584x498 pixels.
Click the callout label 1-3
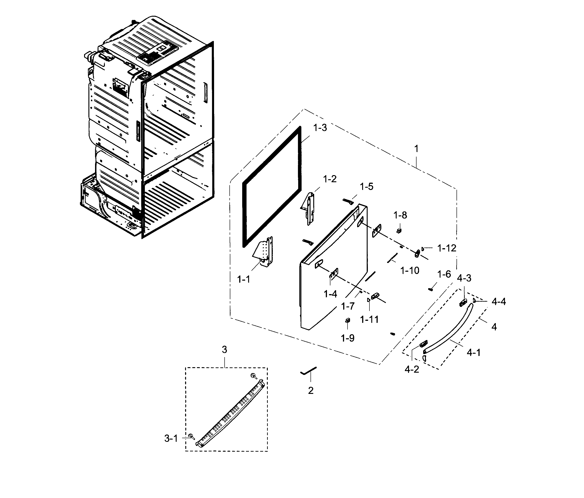pyautogui.click(x=320, y=128)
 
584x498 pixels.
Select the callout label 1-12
pyautogui.click(x=447, y=248)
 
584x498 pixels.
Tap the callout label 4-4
pyautogui.click(x=499, y=302)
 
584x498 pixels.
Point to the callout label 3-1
pyautogui.click(x=171, y=439)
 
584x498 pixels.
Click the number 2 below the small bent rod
pyautogui.click(x=311, y=390)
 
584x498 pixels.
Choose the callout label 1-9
pyautogui.click(x=348, y=338)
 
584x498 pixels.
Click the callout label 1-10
pyautogui.click(x=410, y=271)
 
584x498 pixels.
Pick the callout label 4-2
pyautogui.click(x=412, y=369)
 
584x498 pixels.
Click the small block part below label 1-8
pyautogui.click(x=399, y=231)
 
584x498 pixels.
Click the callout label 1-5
pyautogui.click(x=366, y=187)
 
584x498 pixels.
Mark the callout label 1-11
pyautogui.click(x=369, y=319)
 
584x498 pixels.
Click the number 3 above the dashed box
pyautogui.click(x=224, y=350)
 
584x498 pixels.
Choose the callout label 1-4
pyautogui.click(x=330, y=294)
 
